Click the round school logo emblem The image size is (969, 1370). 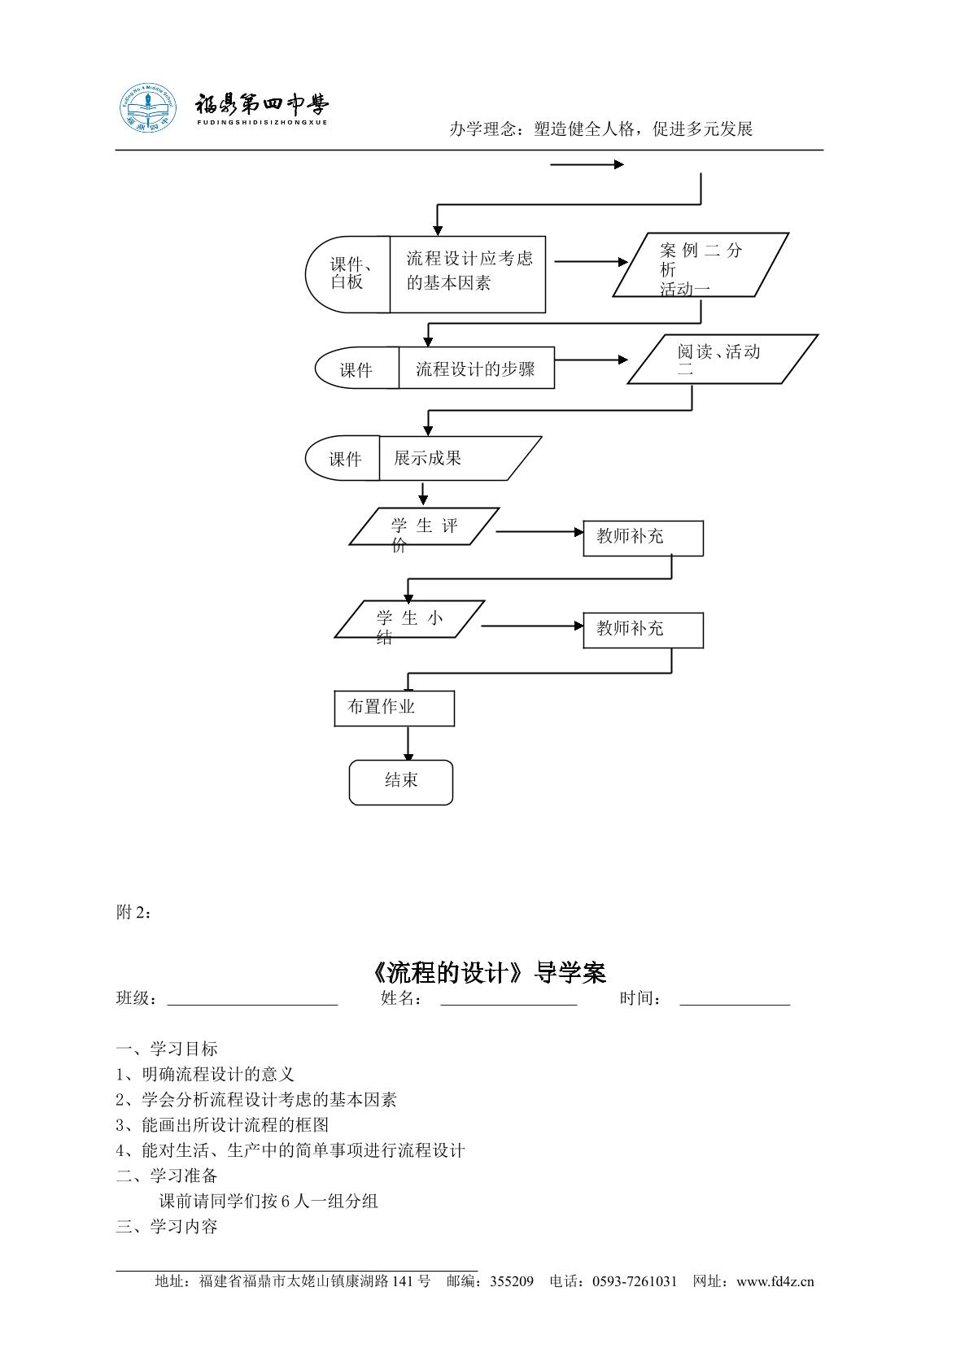147,108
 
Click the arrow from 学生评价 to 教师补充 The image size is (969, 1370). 539,532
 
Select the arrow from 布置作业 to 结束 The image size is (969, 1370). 408,744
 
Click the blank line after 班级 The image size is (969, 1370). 252,1004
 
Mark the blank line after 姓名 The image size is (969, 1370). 509,1004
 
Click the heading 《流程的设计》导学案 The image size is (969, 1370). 488,972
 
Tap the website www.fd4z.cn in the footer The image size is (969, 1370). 775,1281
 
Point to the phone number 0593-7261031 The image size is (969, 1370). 635,1281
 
